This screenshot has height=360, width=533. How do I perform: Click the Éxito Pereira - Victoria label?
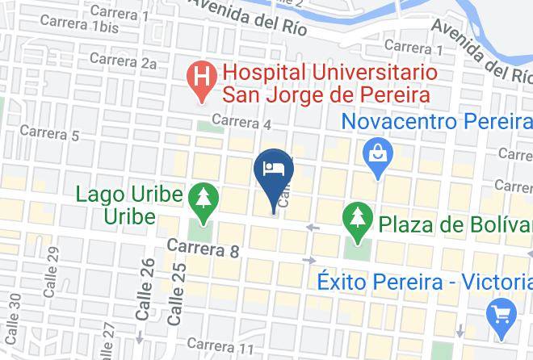[x=424, y=282]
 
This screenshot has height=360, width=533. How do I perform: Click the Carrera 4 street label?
[x=241, y=123]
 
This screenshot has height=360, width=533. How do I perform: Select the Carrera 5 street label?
[x=49, y=132]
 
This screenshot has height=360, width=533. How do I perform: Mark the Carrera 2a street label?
[x=123, y=61]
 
